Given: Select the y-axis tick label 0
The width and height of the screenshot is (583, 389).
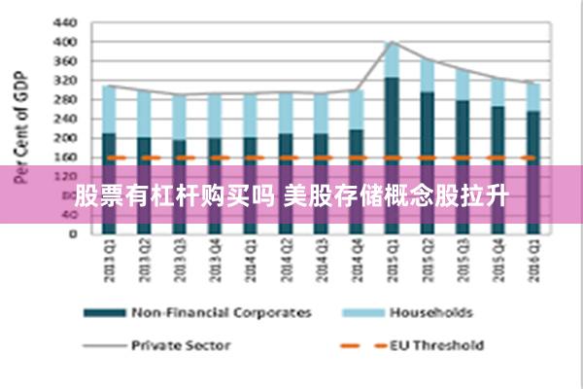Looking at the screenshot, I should [x=71, y=233].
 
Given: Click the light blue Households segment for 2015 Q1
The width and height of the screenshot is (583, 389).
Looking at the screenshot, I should [x=392, y=59].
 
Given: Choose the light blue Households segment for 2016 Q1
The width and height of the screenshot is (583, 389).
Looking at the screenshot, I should [x=532, y=96].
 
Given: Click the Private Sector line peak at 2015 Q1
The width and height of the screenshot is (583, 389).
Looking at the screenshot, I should [x=392, y=42].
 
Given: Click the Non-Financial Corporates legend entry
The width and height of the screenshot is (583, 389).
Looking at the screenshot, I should [x=222, y=312].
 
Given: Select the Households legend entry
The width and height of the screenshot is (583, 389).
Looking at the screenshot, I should [x=430, y=312].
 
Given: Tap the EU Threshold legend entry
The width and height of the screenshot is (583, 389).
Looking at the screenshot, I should [x=436, y=343].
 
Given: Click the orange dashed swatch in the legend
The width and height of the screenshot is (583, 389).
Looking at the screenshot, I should [x=360, y=343].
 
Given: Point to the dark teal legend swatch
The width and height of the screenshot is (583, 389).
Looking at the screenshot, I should [x=104, y=312].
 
